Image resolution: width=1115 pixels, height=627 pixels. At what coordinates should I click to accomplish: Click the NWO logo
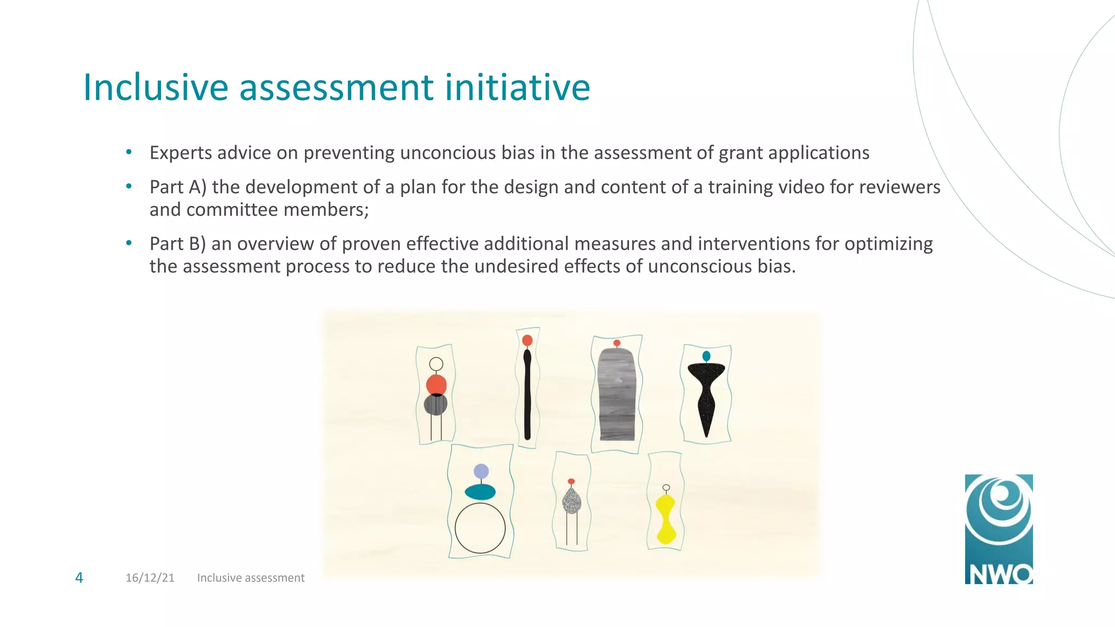[x=998, y=529]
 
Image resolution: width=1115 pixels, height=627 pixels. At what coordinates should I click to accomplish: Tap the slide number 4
[x=79, y=577]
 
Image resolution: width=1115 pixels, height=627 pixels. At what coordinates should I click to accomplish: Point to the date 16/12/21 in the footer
[x=150, y=577]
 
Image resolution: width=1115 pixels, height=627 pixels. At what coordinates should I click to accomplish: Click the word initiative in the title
[x=517, y=87]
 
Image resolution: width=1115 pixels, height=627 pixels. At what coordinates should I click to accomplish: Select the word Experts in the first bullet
[x=181, y=153]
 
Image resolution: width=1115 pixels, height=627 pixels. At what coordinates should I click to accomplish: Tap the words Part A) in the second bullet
[x=177, y=187]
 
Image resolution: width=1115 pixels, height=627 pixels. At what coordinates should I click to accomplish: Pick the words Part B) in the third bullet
[x=177, y=244]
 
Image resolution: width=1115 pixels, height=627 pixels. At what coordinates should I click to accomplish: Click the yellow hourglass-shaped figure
[x=665, y=520]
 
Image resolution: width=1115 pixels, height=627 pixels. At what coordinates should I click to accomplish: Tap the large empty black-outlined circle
[x=480, y=528]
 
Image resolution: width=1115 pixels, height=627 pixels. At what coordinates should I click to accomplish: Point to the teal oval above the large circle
[x=480, y=492]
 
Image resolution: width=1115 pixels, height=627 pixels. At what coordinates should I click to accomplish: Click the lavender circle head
[x=481, y=471]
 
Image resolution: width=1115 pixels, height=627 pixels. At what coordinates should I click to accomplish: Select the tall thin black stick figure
[x=527, y=395]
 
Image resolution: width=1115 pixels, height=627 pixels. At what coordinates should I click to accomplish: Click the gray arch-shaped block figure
[x=617, y=395]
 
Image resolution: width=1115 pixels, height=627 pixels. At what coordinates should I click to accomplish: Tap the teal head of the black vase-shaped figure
[x=706, y=356]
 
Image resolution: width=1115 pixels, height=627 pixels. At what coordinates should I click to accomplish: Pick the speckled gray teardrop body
[x=571, y=500]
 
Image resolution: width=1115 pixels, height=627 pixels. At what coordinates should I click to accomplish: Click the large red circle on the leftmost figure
[x=436, y=384]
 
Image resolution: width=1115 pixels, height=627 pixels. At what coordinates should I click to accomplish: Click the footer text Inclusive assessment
[x=250, y=577]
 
